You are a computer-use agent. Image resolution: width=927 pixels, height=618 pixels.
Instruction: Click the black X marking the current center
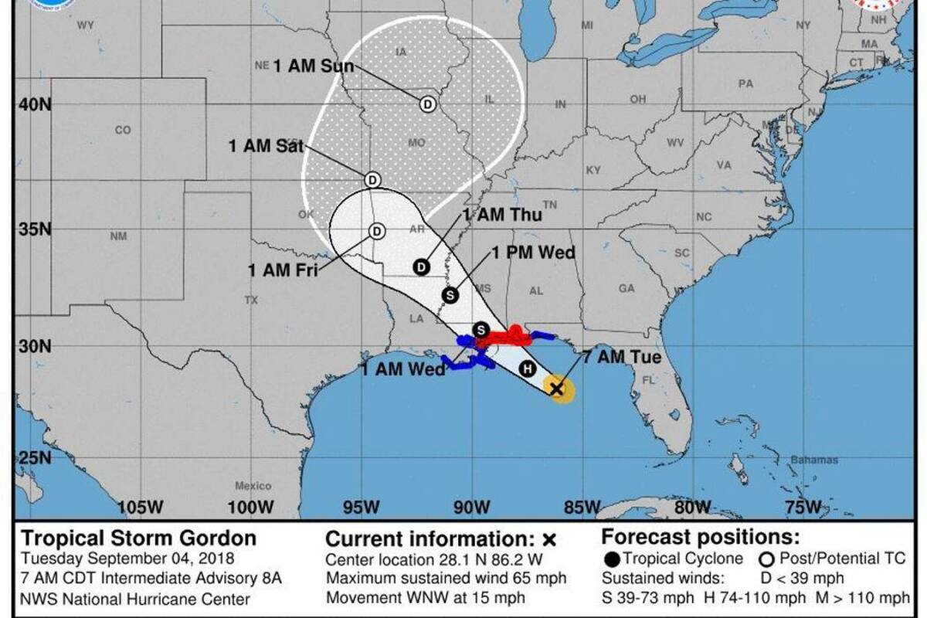point(557,389)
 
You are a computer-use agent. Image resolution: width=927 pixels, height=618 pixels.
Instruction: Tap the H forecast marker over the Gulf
point(528,368)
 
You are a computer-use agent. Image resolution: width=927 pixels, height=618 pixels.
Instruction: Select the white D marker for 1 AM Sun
point(427,104)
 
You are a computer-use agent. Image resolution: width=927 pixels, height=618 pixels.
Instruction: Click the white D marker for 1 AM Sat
point(372,179)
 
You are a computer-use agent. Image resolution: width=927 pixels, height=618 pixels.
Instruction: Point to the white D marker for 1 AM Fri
point(376,231)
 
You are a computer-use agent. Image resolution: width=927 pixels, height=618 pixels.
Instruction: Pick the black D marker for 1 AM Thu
point(421,267)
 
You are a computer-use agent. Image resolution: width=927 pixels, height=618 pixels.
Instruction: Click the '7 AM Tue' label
point(622,358)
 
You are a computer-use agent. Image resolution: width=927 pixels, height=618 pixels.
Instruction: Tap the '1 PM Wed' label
point(533,253)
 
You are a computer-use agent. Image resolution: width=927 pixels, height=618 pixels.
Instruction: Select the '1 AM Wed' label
point(402,370)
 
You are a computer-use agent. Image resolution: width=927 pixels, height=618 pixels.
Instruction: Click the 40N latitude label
point(34,104)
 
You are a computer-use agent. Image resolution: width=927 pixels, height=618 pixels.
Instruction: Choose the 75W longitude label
point(803,508)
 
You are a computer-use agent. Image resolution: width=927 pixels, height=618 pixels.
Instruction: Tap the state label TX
point(250,300)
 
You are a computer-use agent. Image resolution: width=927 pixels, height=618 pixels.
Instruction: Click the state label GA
point(626,288)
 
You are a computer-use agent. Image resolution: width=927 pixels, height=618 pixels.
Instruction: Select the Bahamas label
point(813,460)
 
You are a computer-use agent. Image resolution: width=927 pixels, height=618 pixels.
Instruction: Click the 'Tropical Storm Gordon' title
point(139,538)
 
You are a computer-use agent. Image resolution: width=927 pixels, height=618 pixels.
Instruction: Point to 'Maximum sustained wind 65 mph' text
point(446,578)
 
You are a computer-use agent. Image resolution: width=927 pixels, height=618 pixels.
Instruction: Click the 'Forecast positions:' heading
point(701,537)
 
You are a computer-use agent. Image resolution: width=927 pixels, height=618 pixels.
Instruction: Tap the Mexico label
point(253,486)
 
